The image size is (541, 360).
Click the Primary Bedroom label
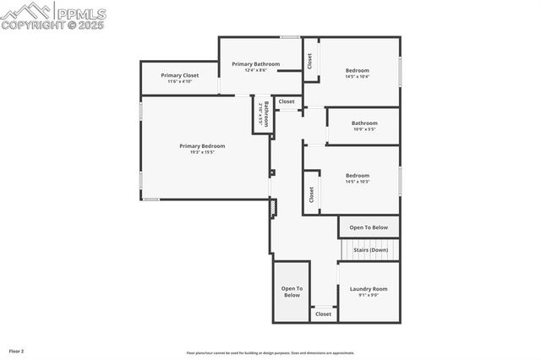[x=202, y=145]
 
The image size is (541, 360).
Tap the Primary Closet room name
[x=179, y=74]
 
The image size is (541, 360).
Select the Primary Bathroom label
[x=255, y=63]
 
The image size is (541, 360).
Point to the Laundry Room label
[x=369, y=289]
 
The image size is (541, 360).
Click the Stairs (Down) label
[x=370, y=249]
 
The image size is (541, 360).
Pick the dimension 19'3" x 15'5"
[x=202, y=152]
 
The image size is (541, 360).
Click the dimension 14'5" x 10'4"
[x=357, y=76]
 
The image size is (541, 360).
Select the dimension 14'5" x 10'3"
[x=357, y=182]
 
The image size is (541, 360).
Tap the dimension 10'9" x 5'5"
[x=363, y=129]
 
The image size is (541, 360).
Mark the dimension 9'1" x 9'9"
[x=369, y=295]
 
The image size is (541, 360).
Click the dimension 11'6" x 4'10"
[x=179, y=81]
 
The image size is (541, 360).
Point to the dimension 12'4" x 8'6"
[x=255, y=70]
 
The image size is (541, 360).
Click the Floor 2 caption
[x=17, y=351]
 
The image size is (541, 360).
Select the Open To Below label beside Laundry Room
[x=292, y=292]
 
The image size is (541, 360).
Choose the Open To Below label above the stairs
[x=369, y=226]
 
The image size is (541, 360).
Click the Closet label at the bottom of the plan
[x=324, y=314]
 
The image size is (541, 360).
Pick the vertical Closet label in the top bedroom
[x=310, y=61]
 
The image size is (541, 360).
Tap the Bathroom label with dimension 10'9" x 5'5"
[x=364, y=123]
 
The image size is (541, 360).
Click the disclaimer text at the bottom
[x=270, y=353]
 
